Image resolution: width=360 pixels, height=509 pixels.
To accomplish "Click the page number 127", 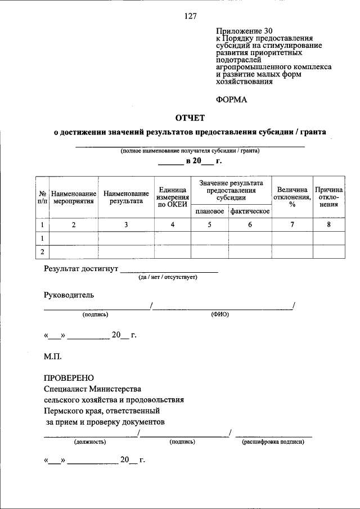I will pos(190,16).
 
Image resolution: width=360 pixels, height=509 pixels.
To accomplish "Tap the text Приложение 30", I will pos(241,30).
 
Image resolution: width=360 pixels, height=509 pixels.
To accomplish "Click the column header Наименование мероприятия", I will pos(74,197).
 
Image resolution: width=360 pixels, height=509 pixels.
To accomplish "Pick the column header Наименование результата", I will pos(126,197).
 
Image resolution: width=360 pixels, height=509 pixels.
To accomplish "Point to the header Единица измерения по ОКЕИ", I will pos(173,197).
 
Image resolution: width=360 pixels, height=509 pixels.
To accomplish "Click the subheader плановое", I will pos(210,211).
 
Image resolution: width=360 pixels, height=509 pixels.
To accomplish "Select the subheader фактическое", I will pos(250,211).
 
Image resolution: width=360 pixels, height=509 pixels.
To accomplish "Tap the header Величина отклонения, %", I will pos(292,197).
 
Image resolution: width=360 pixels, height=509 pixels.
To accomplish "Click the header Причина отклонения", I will pos(329,197).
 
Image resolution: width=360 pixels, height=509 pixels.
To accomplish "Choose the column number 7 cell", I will pos(292,225).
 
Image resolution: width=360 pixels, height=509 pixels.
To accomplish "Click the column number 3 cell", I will pos(126,225).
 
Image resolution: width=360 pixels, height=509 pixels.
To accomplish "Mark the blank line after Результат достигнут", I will pos(169,270).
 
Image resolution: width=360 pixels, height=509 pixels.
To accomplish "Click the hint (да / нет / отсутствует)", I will pos(168,277).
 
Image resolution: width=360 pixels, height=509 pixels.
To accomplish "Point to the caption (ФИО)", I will pos(220,314).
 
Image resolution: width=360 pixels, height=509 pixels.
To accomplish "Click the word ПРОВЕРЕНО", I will pos(69,377).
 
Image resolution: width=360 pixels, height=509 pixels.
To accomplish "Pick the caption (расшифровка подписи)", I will pos(273,442).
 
